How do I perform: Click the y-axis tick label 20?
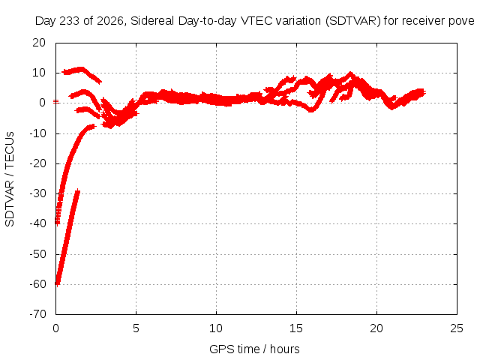[x=39, y=43]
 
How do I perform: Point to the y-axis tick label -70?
[x=37, y=314]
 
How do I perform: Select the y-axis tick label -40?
[x=37, y=223]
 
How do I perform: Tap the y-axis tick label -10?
[x=37, y=133]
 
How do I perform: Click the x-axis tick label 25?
[x=457, y=328]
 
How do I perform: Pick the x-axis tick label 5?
[x=136, y=328]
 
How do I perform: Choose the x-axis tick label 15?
[x=296, y=328]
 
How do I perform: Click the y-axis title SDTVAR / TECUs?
[x=10, y=179]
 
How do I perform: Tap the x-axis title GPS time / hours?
[x=254, y=349]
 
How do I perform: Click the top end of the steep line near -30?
[x=78, y=190]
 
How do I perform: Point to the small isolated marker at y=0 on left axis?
[x=56, y=101]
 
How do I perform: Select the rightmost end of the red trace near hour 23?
[x=424, y=92]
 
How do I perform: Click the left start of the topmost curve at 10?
[x=63, y=72]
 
